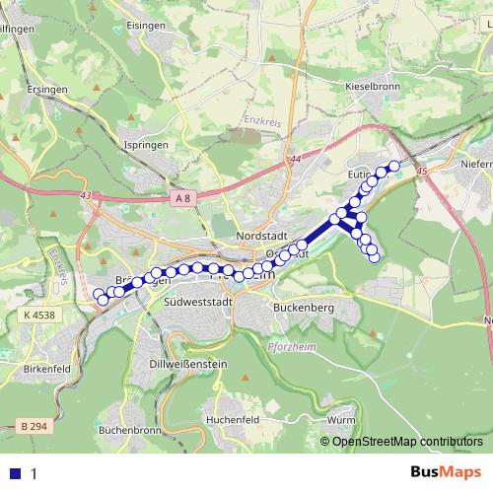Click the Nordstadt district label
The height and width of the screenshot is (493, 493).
pos(261,237)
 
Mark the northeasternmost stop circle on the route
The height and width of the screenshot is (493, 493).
pos(395,166)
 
